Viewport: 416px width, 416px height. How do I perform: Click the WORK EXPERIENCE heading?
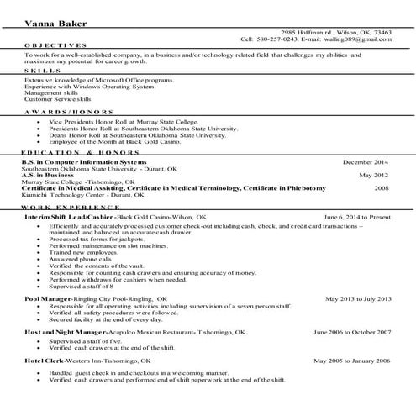tap(67, 206)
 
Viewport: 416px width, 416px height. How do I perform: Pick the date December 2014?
tap(365, 161)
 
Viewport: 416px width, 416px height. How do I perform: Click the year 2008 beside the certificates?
tap(382, 189)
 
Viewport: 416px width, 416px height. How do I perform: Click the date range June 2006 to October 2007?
tap(351, 332)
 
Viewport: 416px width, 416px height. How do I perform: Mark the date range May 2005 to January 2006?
tap(353, 360)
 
